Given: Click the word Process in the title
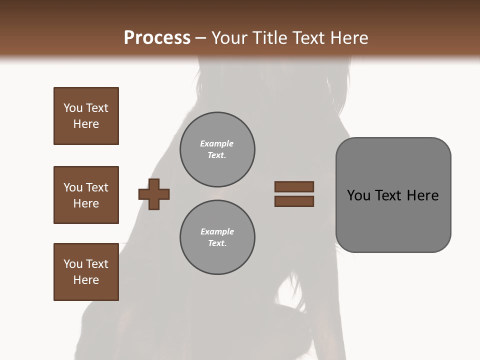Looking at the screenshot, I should click(157, 37).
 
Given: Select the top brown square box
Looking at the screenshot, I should click(86, 116).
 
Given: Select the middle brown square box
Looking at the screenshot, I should click(86, 195).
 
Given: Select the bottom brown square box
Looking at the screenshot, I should click(86, 272).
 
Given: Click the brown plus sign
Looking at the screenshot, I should click(154, 194).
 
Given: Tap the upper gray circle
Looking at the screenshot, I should click(217, 149).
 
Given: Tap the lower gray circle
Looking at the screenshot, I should click(217, 237).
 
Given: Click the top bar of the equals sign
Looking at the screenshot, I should click(294, 187).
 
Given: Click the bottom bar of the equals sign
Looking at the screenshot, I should click(294, 201).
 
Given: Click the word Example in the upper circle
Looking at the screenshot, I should click(217, 143).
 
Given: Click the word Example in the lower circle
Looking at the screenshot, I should click(217, 231).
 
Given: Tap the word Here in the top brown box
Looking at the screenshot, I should click(86, 124).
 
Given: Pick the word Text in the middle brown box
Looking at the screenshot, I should click(97, 187).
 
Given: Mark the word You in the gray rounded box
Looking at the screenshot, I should click(358, 195).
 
